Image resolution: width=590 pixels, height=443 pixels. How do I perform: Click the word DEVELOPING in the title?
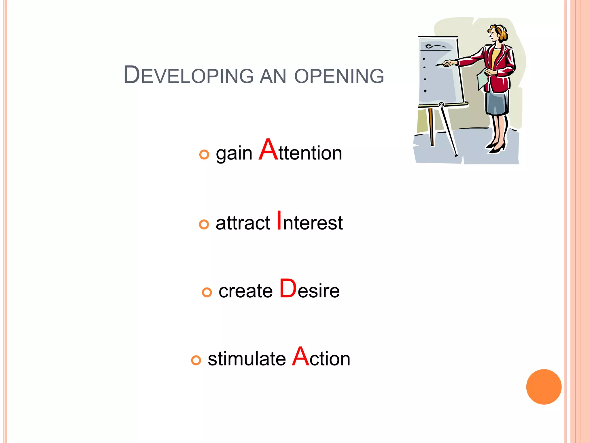coord(189,76)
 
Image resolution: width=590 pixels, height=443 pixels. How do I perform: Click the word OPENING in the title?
coord(339,76)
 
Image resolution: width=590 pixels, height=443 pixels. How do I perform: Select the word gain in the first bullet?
coord(234,153)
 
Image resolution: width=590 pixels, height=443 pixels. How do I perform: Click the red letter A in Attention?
coord(268,150)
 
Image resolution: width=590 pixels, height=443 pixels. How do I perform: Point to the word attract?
coord(243,223)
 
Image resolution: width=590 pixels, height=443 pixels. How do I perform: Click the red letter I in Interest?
coord(279,220)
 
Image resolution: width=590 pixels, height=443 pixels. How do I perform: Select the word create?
coord(245,291)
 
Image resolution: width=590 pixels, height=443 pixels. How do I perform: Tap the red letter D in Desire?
coord(288,288)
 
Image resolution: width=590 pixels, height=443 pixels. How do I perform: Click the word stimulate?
coord(247,359)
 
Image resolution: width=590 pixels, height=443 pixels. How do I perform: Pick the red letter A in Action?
coord(301,356)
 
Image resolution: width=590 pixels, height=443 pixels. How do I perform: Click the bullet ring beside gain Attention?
coord(204,155)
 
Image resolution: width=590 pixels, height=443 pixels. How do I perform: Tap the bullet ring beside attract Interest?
coord(204,224)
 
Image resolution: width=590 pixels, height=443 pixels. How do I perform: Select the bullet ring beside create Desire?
coord(207,292)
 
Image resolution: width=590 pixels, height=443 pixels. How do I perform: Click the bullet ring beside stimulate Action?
coord(196,360)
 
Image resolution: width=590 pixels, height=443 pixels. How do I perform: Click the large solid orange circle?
coord(544,387)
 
